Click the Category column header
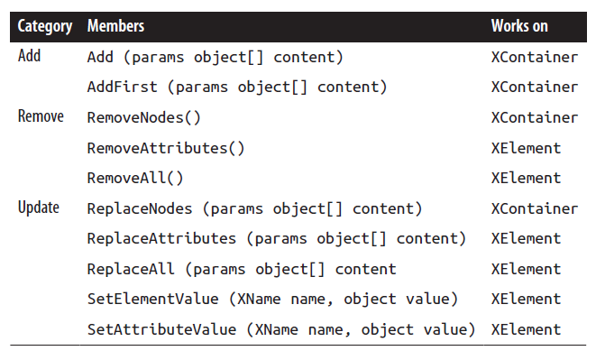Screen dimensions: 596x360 coord(45,26)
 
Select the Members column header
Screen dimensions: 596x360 coord(115,26)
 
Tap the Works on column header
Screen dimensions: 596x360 coord(519,26)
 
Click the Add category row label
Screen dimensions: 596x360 coord(30,56)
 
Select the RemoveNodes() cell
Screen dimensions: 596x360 coord(144,117)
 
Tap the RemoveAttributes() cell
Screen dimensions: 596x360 coord(166,148)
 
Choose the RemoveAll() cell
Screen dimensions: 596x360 coord(135,179)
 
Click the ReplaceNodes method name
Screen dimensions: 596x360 coord(140,209)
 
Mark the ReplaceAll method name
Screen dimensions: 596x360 coord(131,269)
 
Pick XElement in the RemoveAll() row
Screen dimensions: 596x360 coord(526,179)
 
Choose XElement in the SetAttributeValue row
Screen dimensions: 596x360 coord(526,329)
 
